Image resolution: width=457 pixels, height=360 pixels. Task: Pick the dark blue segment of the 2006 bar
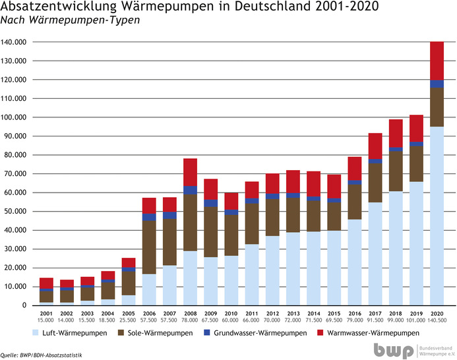tap(149, 217)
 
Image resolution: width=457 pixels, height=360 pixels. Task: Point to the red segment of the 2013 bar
tap(292, 181)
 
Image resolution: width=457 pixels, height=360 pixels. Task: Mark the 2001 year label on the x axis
tap(46, 313)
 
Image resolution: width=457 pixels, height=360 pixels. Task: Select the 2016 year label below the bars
tap(353, 313)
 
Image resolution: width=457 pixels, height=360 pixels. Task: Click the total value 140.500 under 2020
tap(435, 320)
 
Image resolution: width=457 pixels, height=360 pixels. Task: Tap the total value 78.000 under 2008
tap(190, 320)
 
